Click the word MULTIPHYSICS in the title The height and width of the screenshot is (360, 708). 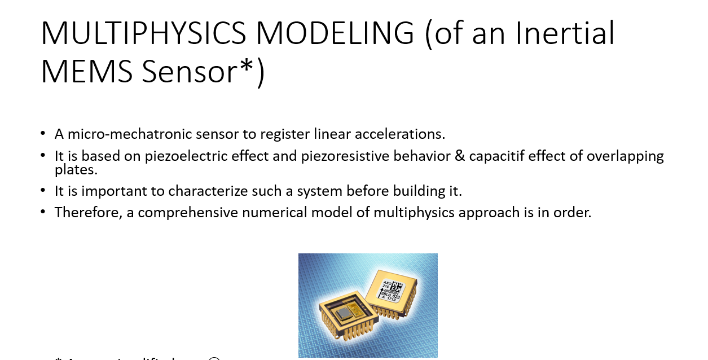point(143,33)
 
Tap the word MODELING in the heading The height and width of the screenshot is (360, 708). point(335,33)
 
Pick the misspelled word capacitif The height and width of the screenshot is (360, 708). point(497,156)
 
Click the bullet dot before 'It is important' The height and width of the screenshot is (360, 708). point(43,191)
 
